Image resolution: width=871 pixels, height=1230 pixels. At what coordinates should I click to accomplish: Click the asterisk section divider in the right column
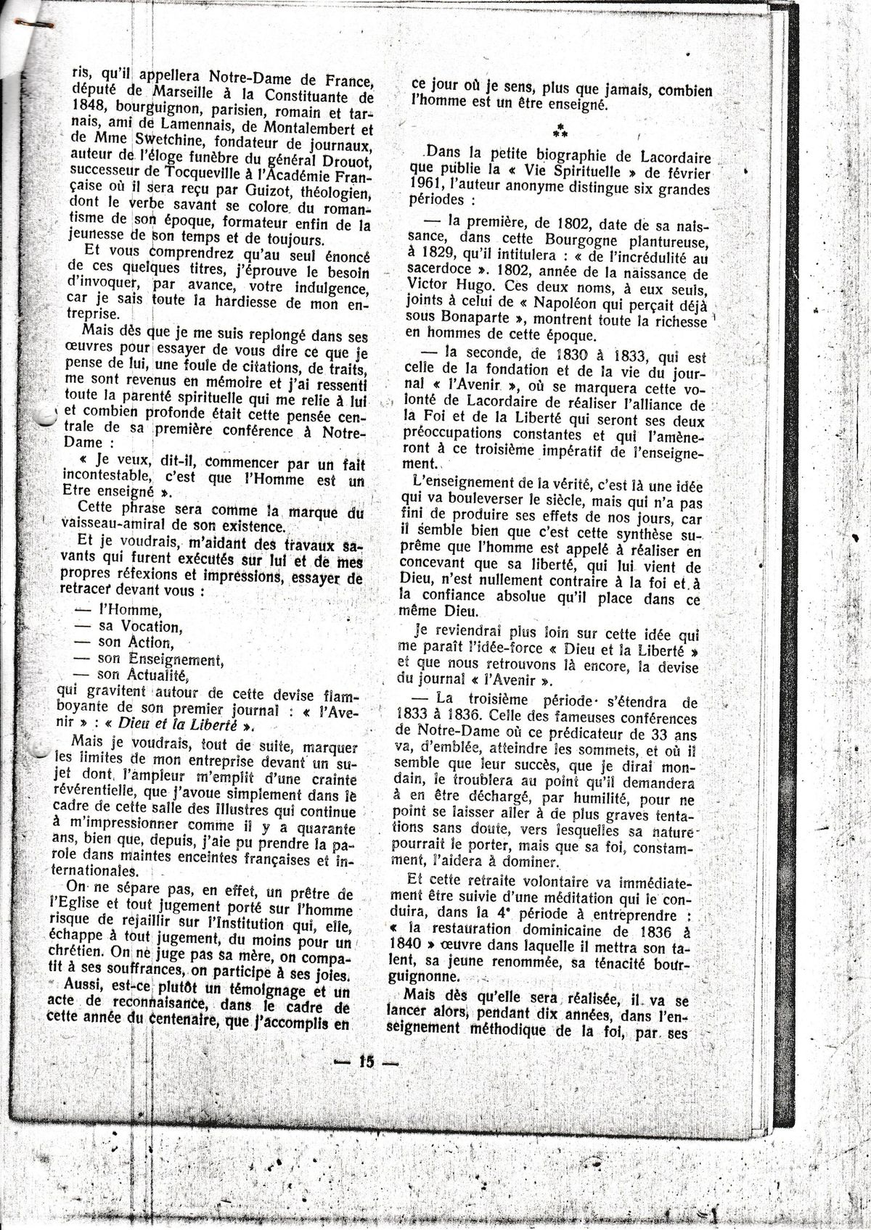pyautogui.click(x=559, y=132)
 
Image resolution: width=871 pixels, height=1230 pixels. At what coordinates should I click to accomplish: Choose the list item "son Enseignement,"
pyautogui.click(x=161, y=659)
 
